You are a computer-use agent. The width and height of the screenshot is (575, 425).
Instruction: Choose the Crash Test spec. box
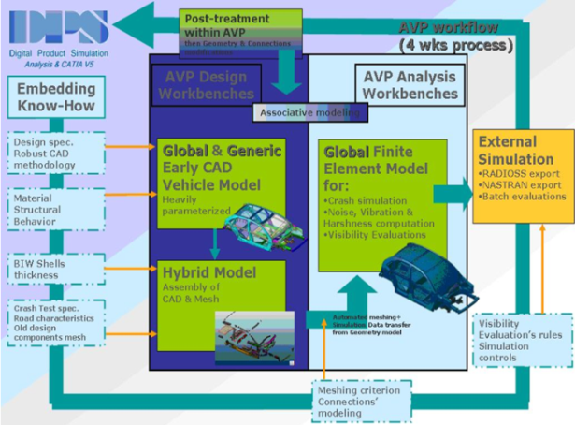[52, 324]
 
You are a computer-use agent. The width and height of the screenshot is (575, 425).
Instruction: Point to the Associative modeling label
[308, 111]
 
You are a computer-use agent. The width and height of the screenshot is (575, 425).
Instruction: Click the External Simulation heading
[517, 150]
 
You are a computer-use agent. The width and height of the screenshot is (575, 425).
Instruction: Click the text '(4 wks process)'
[455, 44]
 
